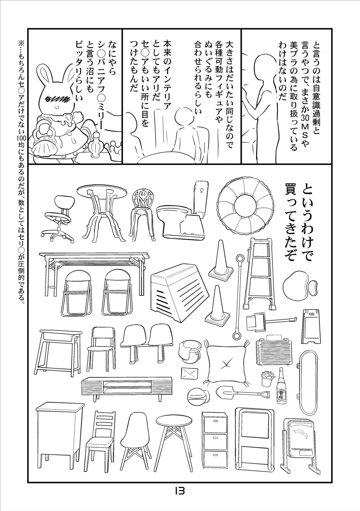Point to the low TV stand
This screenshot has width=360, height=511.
pyautogui.click(x=127, y=388)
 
